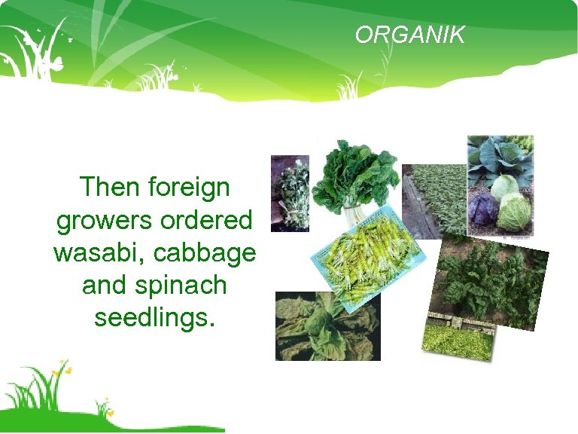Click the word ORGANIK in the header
410,35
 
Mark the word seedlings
154,318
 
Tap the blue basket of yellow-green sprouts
367,256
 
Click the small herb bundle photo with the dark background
290,193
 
